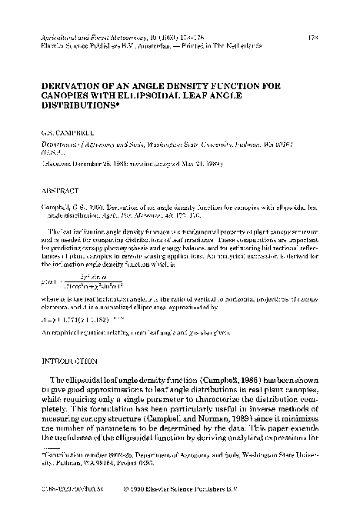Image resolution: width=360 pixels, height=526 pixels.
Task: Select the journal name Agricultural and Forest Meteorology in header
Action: pyautogui.click(x=87, y=35)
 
